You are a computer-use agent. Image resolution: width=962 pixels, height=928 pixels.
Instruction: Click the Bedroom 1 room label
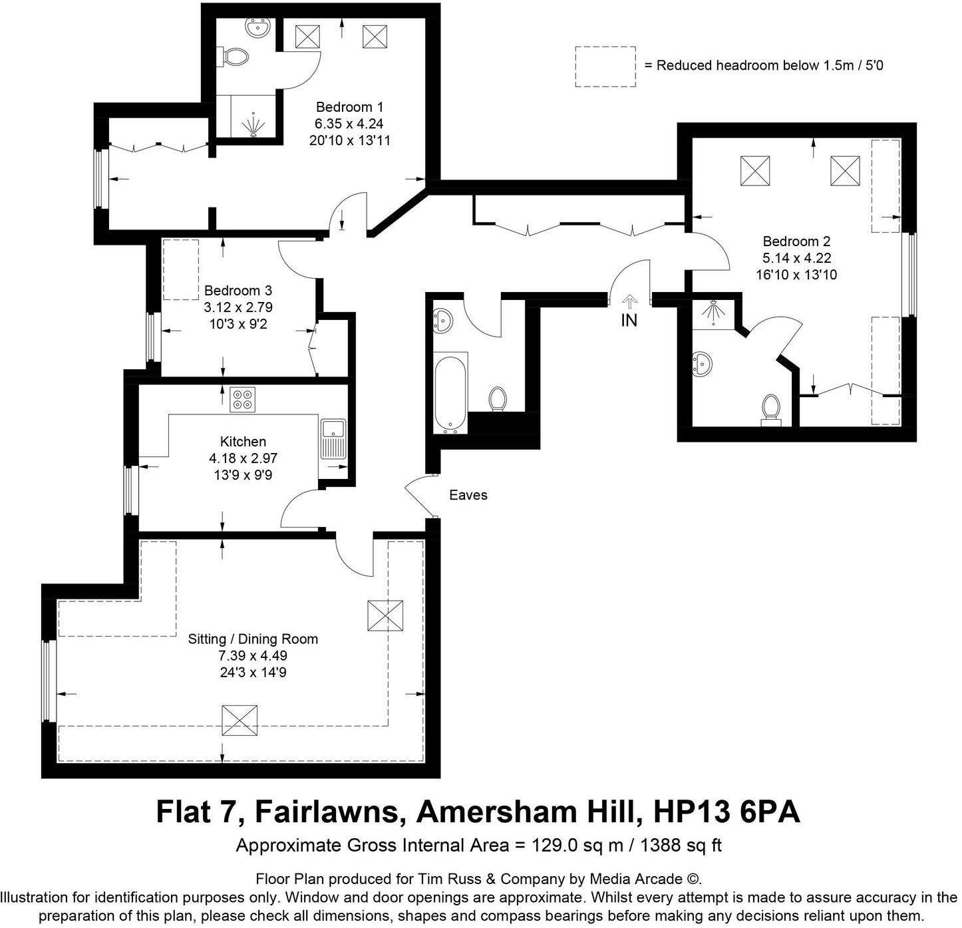pos(349,107)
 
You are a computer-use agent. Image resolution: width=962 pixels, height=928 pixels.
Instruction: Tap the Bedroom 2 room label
pos(796,241)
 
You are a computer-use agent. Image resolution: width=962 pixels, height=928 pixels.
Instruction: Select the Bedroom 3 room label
pos(238,291)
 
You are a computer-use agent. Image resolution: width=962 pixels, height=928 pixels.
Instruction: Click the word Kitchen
pos(243,442)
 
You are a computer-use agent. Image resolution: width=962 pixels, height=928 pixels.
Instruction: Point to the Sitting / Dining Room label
pos(253,639)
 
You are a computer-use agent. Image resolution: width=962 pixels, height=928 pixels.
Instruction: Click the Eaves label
pos(468,495)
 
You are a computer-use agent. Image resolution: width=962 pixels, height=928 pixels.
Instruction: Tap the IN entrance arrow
pos(629,303)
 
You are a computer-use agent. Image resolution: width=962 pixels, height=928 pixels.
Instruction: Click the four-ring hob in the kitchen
pos(242,399)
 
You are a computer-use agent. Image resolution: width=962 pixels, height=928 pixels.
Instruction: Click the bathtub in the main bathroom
pos(451,392)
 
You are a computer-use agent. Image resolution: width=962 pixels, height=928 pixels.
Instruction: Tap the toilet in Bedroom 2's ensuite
pos(770,407)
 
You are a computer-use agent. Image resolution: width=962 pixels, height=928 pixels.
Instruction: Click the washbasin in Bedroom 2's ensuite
pos(701,364)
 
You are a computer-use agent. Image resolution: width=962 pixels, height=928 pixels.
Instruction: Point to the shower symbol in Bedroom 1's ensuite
pos(253,125)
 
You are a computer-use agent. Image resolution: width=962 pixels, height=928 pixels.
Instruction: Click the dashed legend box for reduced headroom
pos(605,66)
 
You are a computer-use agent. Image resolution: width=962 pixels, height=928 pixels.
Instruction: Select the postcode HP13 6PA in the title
pos(726,812)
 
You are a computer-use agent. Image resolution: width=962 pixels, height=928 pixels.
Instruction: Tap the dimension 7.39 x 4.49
pos(253,656)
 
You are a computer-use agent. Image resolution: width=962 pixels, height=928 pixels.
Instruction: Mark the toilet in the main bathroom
pos(497,399)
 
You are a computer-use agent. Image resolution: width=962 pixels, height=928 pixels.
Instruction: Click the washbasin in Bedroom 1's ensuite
pos(257,28)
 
